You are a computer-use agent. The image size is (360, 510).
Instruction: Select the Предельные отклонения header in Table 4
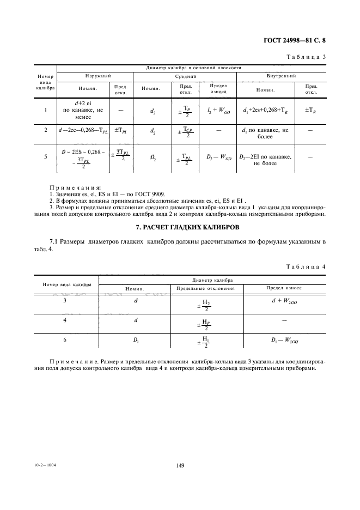(205, 288)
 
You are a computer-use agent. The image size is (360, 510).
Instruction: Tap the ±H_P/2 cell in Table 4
(205, 323)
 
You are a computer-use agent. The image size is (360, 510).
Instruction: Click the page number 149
(180, 465)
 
